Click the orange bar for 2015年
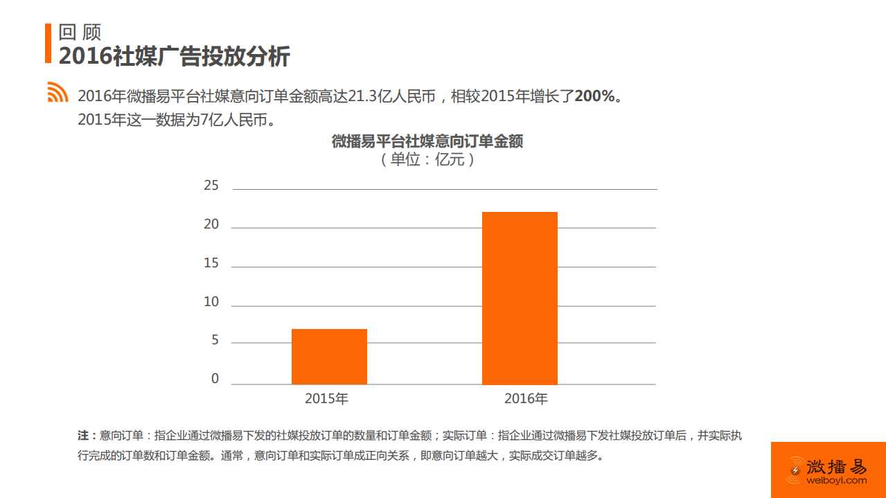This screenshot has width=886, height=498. tap(329, 357)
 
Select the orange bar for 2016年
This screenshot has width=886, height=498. tap(520, 298)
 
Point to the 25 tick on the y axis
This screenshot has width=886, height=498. tap(211, 186)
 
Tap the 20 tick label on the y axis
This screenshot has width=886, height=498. tap(211, 224)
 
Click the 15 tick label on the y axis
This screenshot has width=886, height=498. tap(211, 263)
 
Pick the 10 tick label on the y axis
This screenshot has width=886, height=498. tap(211, 302)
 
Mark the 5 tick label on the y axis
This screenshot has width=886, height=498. tap(215, 341)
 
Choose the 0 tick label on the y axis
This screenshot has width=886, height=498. tap(215, 379)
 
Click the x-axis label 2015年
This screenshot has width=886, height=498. tap(327, 399)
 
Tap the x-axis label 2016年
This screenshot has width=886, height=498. tap(526, 399)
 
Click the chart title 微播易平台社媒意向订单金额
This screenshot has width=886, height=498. tap(427, 142)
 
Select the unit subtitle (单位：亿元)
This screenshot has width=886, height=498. tap(427, 160)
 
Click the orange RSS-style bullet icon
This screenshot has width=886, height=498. tap(57, 93)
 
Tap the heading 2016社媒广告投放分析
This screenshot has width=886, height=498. tap(174, 57)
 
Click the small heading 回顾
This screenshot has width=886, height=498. tap(80, 33)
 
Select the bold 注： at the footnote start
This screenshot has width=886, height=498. tap(87, 436)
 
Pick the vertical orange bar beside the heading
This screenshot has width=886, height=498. tap(48, 43)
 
